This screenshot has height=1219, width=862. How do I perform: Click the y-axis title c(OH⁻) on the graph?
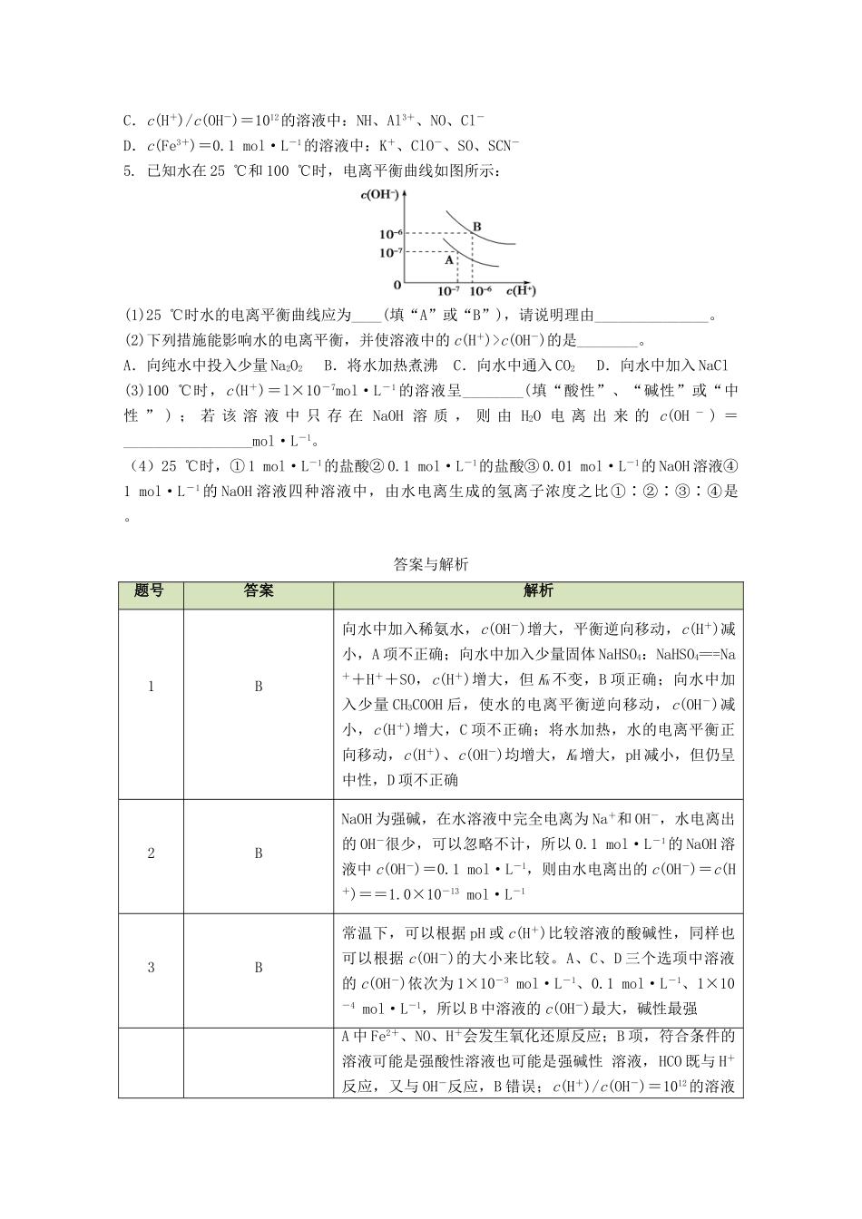379,194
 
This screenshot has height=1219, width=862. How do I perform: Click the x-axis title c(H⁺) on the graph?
520,291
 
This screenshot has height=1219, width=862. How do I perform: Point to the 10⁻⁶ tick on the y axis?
390,234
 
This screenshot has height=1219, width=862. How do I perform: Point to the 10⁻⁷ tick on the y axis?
390,251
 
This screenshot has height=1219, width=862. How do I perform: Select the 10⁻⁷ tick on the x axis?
448,291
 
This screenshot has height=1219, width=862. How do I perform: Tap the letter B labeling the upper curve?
476,226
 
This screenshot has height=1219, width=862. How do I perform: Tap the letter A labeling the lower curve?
447,258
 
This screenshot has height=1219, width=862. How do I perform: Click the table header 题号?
150,590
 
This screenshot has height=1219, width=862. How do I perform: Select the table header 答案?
259,590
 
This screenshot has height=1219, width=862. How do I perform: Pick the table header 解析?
538,590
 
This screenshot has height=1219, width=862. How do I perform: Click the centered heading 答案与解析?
431,564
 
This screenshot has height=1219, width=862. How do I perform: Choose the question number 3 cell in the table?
151,968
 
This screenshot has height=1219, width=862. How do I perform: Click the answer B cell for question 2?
259,853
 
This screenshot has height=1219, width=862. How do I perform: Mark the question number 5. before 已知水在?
130,171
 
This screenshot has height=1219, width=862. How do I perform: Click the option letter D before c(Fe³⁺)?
128,146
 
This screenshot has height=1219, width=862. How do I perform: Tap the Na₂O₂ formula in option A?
287,366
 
